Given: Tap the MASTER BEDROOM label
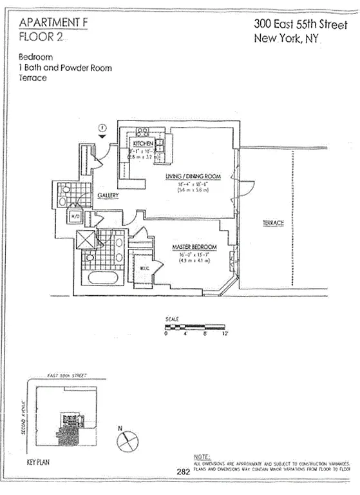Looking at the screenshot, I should [x=194, y=247].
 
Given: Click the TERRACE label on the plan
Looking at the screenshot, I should [x=273, y=223].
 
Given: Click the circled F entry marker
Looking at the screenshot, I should [x=102, y=128].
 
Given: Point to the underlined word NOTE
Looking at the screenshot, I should [x=202, y=456].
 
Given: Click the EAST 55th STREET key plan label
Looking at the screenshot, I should [x=67, y=375].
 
